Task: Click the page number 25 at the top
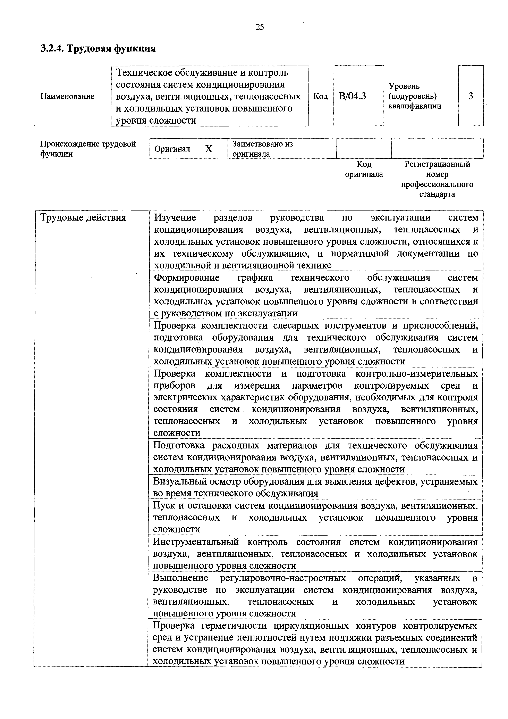(260, 27)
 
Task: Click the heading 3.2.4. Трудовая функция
(98, 49)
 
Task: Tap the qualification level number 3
(471, 96)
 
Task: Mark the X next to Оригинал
(209, 149)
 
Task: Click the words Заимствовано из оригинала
(262, 149)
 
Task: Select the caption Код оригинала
(364, 169)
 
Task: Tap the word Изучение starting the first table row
(175, 217)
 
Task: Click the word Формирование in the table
(187, 278)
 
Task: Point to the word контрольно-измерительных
(417, 374)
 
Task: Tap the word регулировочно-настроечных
(283, 578)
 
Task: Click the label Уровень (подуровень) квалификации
(415, 96)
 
